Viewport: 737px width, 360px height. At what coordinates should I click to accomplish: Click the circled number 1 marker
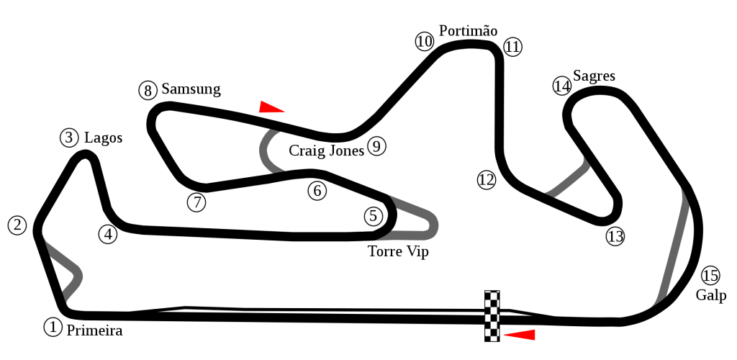pos(53,327)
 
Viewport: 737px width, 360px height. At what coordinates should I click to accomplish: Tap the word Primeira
pos(94,331)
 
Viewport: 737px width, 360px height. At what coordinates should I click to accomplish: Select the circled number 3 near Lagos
pos(70,138)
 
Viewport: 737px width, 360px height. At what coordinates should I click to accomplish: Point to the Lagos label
pos(103,138)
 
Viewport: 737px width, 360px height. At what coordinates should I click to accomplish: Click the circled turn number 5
pos(374,216)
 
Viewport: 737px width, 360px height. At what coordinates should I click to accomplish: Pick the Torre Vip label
pos(398,251)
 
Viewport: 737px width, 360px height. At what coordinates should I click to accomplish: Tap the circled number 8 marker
pos(148,90)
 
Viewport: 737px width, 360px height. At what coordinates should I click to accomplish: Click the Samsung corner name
pos(191,89)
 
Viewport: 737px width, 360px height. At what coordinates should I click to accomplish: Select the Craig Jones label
pos(326,150)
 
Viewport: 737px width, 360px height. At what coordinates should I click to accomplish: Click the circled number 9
pos(376,146)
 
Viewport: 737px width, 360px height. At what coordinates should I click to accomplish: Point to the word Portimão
pos(468,30)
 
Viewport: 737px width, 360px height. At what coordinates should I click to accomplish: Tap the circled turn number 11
pos(512,47)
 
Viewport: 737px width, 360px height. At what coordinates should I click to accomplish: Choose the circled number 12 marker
pos(487,180)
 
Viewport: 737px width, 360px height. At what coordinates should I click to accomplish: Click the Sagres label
pos(594,76)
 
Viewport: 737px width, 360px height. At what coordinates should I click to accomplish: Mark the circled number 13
pos(615,236)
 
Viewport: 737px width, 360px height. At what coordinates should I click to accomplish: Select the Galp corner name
pos(711,295)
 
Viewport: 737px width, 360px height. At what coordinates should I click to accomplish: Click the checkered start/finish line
pos(492,316)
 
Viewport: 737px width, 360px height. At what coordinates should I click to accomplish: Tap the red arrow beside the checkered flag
pos(520,335)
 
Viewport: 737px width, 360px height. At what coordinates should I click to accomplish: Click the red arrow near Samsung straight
pos(271,107)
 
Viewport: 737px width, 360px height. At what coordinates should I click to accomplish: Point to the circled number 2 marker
pos(18,225)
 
